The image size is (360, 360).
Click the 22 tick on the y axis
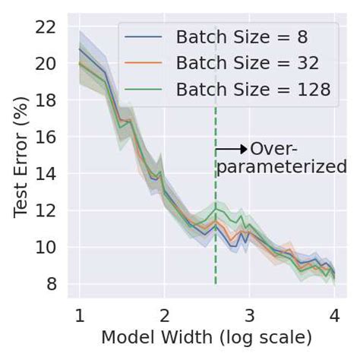pos(47,27)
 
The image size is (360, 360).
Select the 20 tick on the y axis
pos(47,64)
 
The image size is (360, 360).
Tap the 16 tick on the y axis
pos(47,137)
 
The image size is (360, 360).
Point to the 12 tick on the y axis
pos(47,210)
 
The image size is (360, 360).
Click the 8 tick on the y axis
pos(52,284)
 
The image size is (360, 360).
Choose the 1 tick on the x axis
pos(79,316)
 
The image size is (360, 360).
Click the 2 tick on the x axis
pos(164,316)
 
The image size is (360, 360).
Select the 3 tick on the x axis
pos(249,316)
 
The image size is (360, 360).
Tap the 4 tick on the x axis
pos(334,316)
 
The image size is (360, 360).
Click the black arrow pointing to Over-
pos(232,149)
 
